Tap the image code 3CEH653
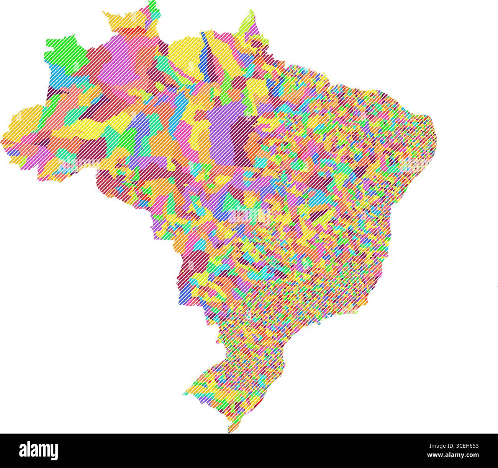(x=465, y=446)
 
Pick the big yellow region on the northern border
(x=184, y=57)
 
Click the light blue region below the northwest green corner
(x=57, y=76)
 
